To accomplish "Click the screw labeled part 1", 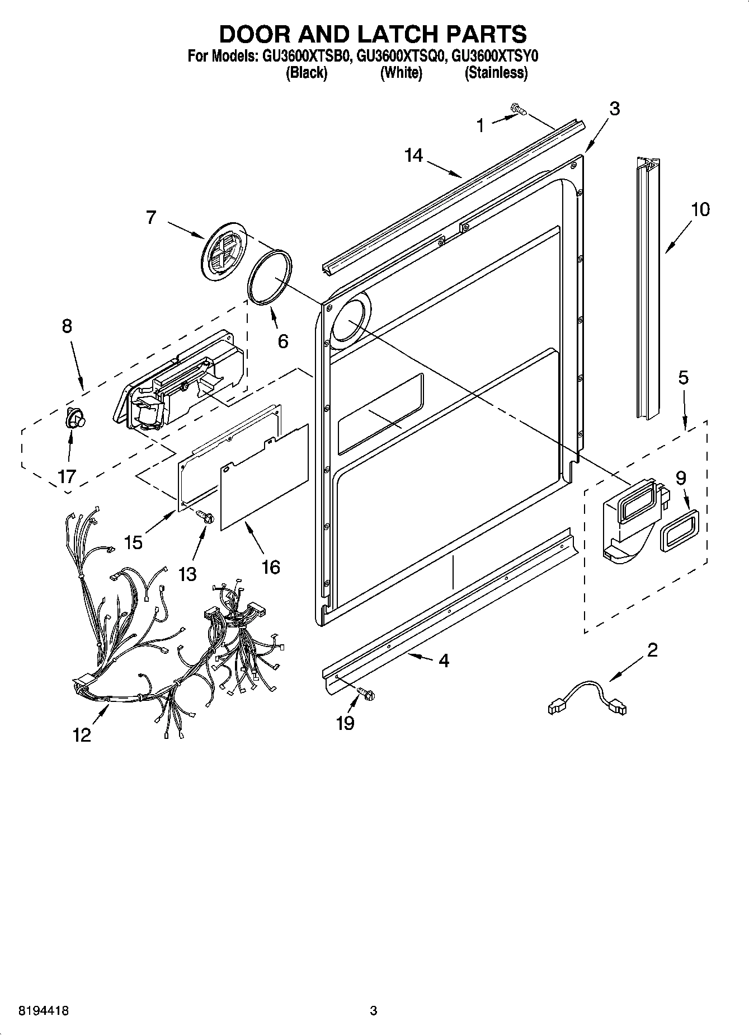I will point(519,110).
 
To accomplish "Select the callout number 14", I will point(414,155).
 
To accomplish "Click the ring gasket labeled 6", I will point(269,277).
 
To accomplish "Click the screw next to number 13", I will point(206,518).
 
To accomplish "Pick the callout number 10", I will point(700,210).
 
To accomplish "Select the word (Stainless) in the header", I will point(496,73).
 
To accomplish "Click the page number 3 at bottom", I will point(374,1011).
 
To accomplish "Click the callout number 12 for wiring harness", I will point(82,734).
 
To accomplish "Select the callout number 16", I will point(271,567).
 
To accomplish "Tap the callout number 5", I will point(683,378).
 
